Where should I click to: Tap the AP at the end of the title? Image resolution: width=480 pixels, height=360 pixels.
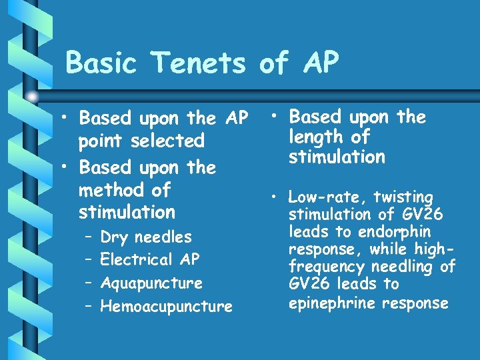click(317, 63)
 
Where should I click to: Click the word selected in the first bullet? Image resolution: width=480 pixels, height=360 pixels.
click(169, 141)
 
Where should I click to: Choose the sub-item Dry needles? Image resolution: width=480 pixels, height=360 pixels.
click(146, 237)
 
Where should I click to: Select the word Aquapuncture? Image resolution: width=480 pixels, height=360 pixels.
click(151, 283)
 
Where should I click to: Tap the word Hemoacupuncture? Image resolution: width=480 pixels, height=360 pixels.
click(166, 307)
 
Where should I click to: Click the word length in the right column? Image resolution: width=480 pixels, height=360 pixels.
click(313, 137)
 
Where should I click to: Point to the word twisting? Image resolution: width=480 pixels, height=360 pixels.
click(403, 197)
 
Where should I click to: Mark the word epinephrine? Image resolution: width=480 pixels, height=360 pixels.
click(329, 303)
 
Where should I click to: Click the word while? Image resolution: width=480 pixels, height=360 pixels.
click(393, 249)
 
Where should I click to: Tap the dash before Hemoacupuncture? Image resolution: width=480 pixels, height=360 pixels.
click(88, 307)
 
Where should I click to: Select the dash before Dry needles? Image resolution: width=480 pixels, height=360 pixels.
click(88, 237)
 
